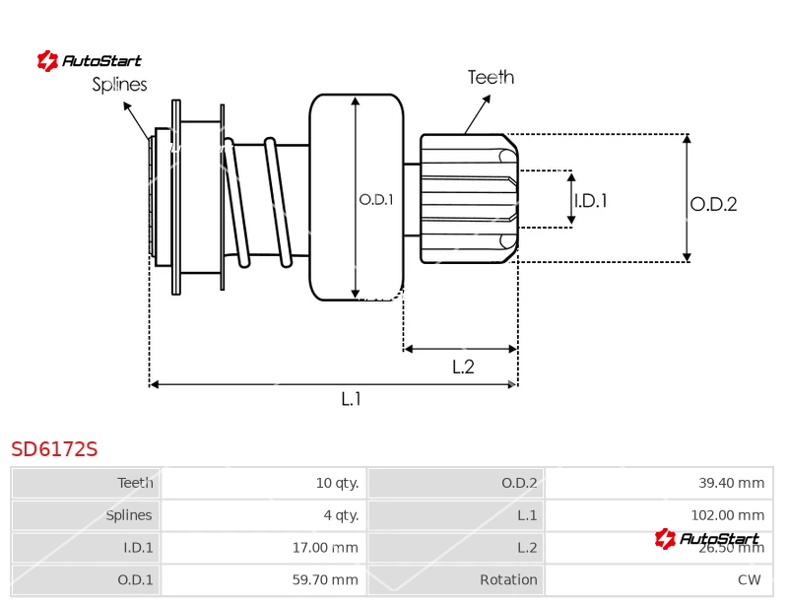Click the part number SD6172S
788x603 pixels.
(x=54, y=449)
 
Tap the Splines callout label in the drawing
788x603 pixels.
(x=119, y=85)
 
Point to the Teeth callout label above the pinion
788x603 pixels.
(x=491, y=77)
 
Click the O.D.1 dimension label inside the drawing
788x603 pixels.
(x=376, y=199)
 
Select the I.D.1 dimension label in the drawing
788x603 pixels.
(x=590, y=200)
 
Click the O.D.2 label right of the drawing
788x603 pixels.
(x=713, y=205)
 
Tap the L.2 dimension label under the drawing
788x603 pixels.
(x=463, y=367)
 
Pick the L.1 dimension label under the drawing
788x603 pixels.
(x=352, y=399)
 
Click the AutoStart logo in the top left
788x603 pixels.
(x=90, y=61)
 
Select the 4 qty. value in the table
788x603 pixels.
(x=341, y=514)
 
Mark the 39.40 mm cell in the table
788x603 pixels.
(x=732, y=483)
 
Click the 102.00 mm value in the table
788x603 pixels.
(x=728, y=514)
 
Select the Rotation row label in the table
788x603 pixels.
(x=508, y=579)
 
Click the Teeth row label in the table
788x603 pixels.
(x=135, y=483)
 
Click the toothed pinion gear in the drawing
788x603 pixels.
(x=468, y=198)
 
